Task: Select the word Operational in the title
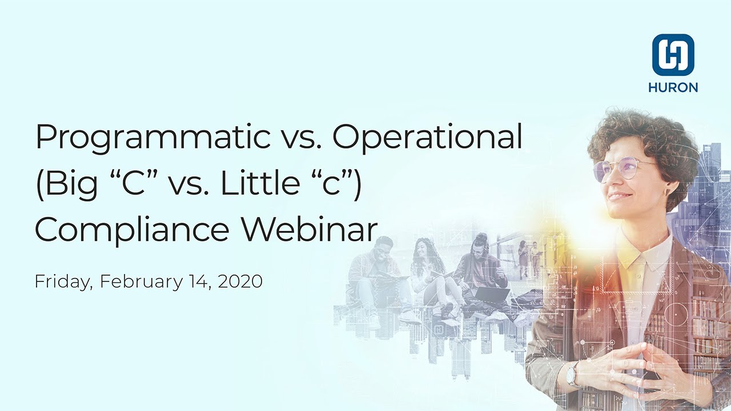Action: [427, 138]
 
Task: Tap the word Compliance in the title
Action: [132, 229]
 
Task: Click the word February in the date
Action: [135, 282]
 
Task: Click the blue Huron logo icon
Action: [673, 55]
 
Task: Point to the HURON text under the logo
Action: [673, 88]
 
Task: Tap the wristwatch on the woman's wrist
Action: [572, 376]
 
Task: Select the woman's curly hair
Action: [640, 131]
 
